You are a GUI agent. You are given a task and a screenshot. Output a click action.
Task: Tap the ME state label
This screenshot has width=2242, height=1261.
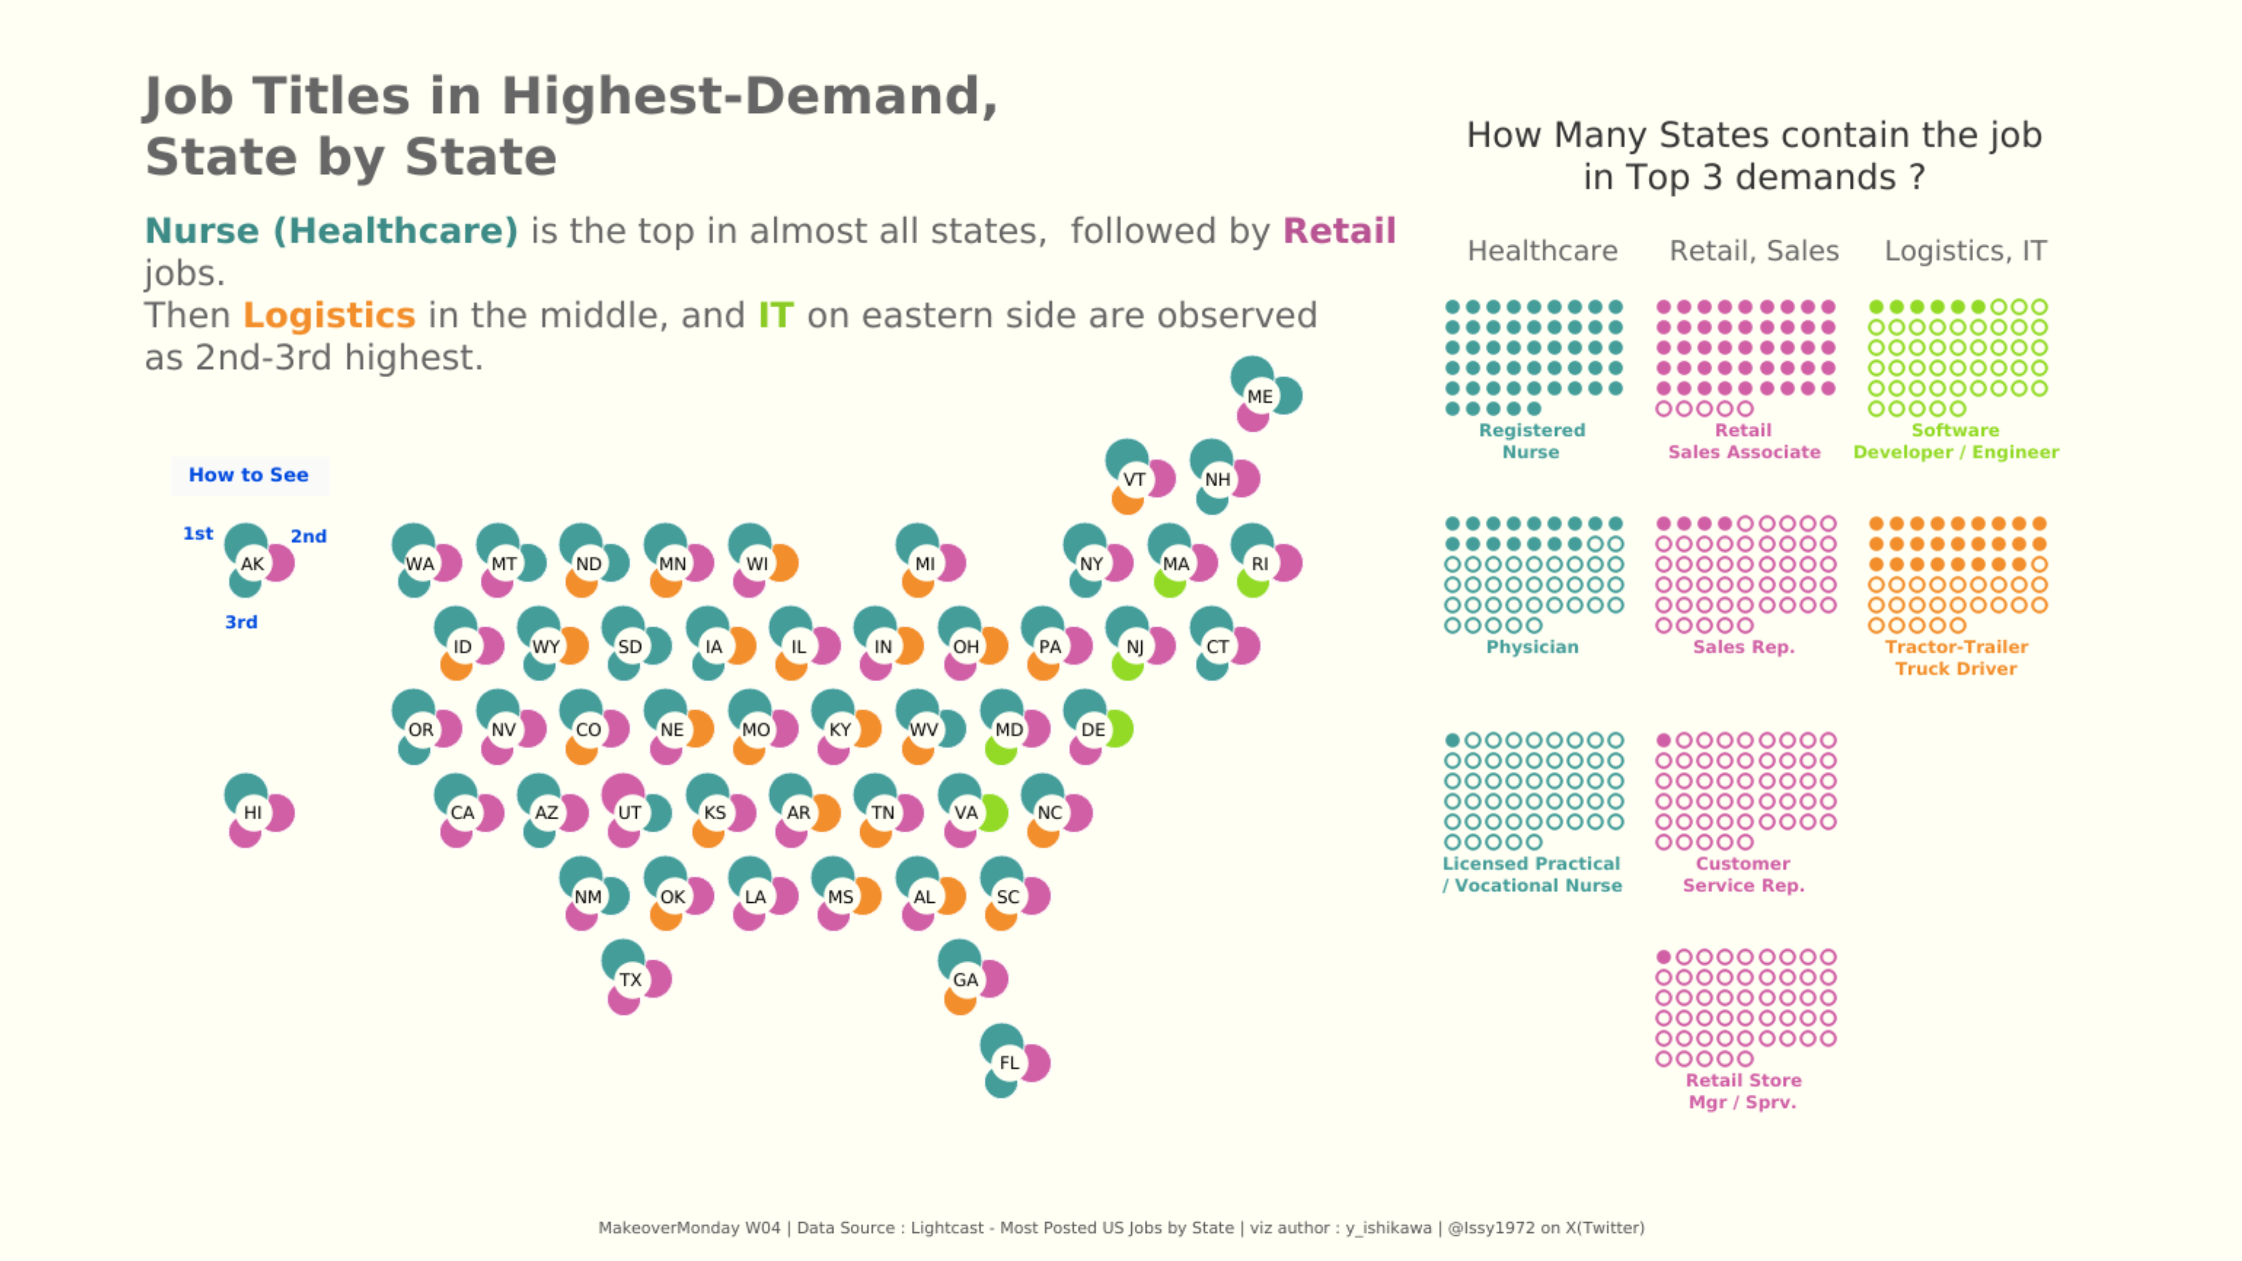1259,397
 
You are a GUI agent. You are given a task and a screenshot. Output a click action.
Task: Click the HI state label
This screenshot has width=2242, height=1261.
252,812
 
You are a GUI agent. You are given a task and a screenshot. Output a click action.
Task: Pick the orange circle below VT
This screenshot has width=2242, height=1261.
1126,501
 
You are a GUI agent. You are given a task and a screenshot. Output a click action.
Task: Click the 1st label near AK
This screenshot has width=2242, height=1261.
197,533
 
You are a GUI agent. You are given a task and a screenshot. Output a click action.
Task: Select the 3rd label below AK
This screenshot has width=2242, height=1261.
241,622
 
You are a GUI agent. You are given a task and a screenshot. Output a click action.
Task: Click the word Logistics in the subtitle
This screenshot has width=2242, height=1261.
329,315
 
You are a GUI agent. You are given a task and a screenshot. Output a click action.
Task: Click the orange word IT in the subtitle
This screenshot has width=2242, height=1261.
775,315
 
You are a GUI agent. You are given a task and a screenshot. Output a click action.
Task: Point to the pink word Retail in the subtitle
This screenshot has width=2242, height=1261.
1339,231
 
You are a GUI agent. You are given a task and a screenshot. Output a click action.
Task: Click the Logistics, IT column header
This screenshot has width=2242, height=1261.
1965,251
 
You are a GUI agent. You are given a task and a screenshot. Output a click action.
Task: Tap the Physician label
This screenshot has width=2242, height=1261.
1532,646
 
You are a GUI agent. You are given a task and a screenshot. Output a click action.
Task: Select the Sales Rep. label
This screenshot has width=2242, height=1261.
1743,646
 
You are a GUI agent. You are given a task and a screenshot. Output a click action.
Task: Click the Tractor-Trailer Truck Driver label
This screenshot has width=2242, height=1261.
1956,657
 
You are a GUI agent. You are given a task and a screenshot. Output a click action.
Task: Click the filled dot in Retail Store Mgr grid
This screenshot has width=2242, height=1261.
1663,957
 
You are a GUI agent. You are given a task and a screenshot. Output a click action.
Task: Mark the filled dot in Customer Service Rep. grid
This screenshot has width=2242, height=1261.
1663,740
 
